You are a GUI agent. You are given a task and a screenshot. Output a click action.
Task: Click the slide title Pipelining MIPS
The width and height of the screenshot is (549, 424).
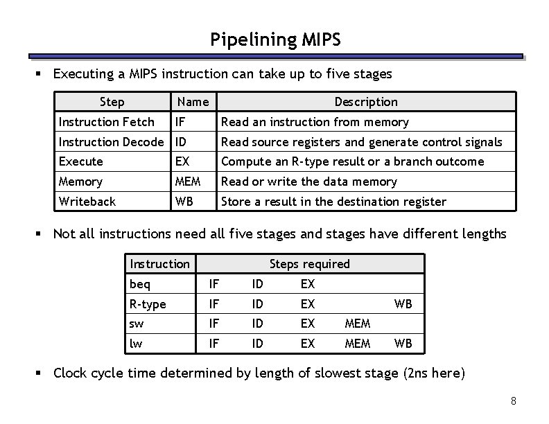pyautogui.click(x=275, y=40)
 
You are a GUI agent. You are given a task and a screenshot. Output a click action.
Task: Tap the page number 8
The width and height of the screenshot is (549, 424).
pyautogui.click(x=513, y=401)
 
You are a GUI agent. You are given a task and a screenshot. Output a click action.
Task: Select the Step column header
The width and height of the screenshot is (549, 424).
pyautogui.click(x=112, y=102)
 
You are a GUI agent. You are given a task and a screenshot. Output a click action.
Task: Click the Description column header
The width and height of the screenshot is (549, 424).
pyautogui.click(x=366, y=102)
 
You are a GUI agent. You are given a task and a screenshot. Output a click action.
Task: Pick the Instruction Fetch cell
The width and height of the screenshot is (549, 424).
pyautogui.click(x=107, y=122)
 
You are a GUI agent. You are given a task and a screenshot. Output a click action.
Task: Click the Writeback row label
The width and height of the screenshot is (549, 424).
pyautogui.click(x=87, y=202)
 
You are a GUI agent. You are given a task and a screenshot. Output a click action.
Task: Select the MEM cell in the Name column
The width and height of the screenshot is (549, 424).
pyautogui.click(x=188, y=182)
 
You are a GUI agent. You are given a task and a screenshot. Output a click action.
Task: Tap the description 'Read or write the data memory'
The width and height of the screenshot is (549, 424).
pyautogui.click(x=308, y=182)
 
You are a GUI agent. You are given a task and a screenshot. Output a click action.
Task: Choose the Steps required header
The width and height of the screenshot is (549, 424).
pyautogui.click(x=309, y=264)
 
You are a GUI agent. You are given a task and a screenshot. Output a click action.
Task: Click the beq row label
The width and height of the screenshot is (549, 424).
pyautogui.click(x=139, y=284)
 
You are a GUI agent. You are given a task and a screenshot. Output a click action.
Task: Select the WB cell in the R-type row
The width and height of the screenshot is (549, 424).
pyautogui.click(x=403, y=303)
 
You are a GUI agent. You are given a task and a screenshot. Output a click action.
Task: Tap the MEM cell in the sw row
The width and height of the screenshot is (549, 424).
pyautogui.click(x=357, y=324)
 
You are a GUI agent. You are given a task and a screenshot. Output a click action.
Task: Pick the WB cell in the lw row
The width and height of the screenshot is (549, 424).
pyautogui.click(x=403, y=344)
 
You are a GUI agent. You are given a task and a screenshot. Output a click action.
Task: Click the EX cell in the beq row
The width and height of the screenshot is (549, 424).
pyautogui.click(x=308, y=284)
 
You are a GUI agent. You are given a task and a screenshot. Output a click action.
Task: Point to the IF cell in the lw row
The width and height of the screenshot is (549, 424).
pyautogui.click(x=215, y=344)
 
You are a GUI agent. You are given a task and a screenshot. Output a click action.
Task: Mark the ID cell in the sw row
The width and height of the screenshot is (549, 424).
pyautogui.click(x=257, y=324)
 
